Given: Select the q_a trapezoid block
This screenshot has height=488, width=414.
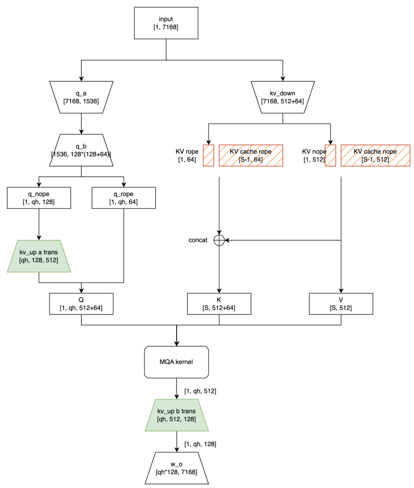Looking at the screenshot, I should click(81, 97).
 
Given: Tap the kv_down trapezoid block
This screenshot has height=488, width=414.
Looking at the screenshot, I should click(283, 97).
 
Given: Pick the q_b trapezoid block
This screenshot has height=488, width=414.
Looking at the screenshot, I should click(81, 150).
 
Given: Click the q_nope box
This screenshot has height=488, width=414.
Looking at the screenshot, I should click(39, 198).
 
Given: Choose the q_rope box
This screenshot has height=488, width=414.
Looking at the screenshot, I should click(123, 198).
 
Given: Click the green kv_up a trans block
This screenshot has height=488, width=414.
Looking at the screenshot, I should click(39, 256).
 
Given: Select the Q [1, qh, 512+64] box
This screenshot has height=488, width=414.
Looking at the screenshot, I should click(81, 304).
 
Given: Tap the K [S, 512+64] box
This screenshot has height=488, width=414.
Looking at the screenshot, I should click(219, 304).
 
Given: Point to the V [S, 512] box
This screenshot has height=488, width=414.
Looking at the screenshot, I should click(341, 304).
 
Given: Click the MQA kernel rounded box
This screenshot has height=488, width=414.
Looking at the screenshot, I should click(176, 362).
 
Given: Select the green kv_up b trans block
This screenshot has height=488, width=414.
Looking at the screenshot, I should click(176, 415).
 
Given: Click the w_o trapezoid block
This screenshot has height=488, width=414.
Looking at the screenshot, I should click(176, 468).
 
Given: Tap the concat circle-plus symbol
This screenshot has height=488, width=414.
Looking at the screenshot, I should click(219, 240).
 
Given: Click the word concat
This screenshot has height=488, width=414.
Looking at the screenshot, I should click(198, 240).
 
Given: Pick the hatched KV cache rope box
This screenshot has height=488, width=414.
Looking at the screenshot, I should click(251, 156).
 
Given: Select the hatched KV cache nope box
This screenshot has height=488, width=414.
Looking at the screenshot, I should click(375, 156).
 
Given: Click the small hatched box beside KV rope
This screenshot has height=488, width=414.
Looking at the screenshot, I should click(209, 156).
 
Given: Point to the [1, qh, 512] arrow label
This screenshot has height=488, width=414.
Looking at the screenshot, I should click(200, 391).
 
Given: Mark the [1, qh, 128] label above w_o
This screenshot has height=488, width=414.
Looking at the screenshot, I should click(200, 444).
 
